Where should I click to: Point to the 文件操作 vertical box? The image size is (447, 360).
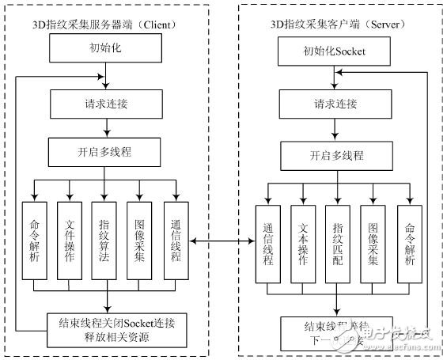[70, 241]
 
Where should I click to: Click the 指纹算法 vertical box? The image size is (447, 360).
[105, 241]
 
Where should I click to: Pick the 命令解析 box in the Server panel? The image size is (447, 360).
[410, 244]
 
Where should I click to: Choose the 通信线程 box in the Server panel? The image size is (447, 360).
[267, 244]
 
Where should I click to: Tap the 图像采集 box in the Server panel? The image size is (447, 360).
[373, 244]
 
